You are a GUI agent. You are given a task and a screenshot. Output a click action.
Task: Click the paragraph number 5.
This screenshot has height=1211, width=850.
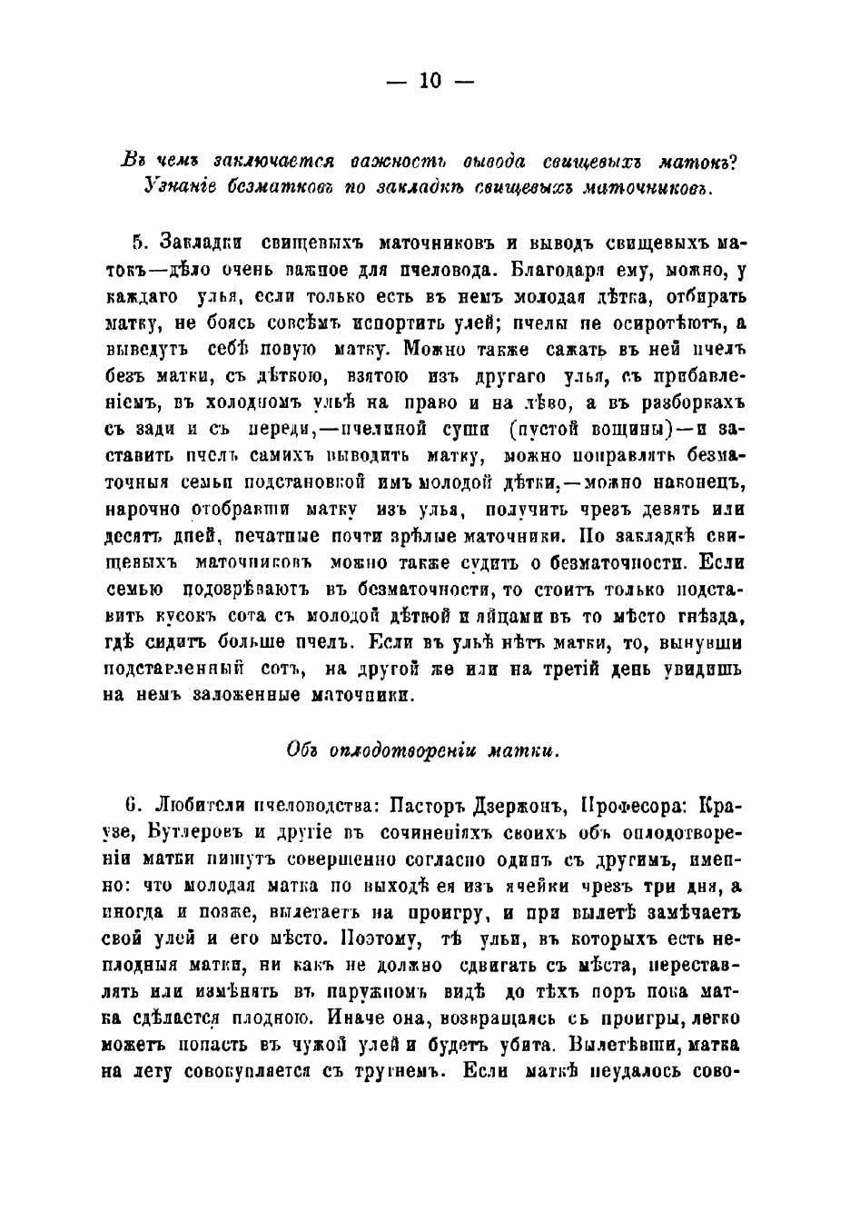click(139, 243)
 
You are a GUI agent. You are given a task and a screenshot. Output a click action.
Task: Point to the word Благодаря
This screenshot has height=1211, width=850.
click(554, 270)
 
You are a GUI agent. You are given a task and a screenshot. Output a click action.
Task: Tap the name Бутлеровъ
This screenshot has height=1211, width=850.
click(180, 832)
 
